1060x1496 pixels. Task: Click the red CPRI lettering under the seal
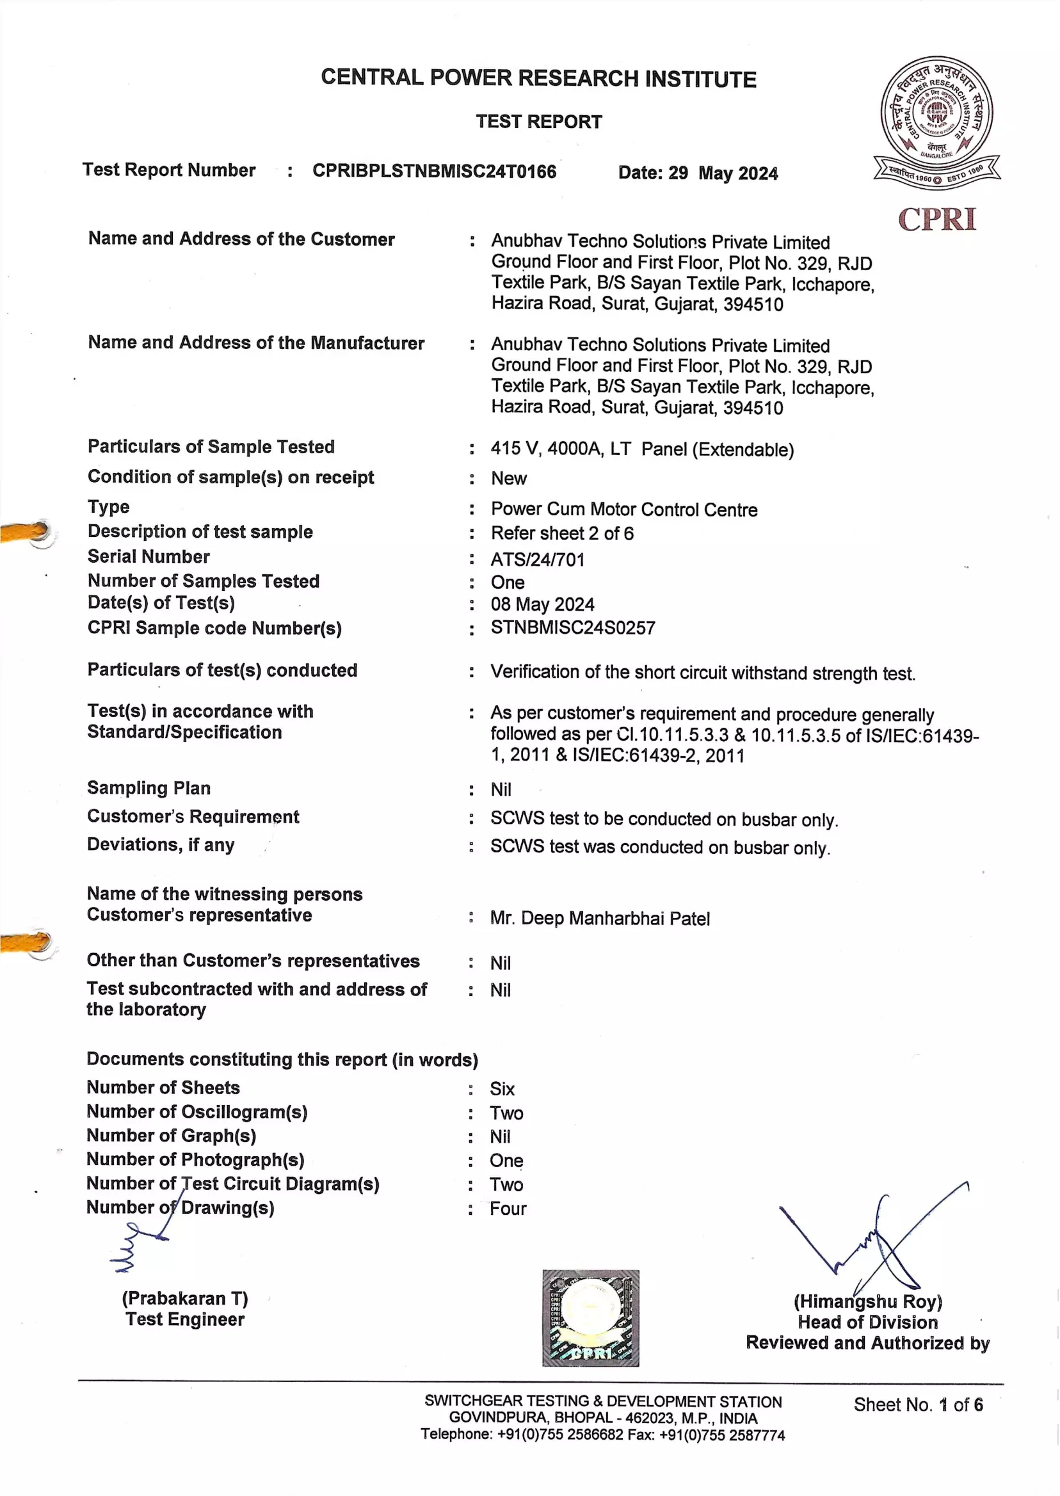(936, 220)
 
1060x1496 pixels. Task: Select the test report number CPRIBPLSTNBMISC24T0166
(434, 171)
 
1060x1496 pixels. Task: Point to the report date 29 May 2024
(698, 173)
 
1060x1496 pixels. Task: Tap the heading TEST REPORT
(538, 122)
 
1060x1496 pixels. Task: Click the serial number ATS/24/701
(537, 559)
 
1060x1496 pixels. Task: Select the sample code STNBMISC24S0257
(572, 628)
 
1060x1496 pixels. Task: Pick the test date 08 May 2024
(542, 604)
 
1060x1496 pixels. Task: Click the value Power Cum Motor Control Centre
(624, 509)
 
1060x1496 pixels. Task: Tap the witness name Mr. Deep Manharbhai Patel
(599, 919)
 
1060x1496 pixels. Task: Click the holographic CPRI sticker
(590, 1318)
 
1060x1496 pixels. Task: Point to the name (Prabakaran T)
(185, 1298)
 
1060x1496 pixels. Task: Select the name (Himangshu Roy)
(867, 1301)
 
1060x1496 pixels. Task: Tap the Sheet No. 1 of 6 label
(918, 1404)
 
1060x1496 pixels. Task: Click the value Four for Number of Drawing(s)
(508, 1209)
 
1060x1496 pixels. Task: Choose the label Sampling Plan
(149, 788)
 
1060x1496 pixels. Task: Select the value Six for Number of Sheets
(502, 1089)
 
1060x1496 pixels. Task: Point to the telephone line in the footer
(602, 1434)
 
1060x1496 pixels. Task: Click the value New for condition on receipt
(508, 478)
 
